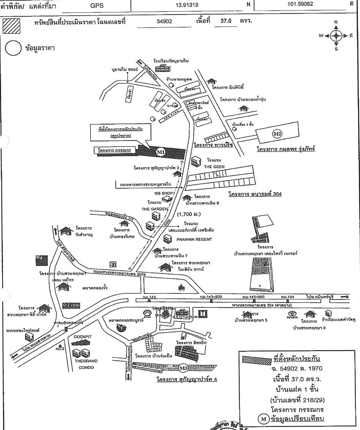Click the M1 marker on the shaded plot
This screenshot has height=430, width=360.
161,152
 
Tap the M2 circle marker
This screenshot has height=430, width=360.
278,134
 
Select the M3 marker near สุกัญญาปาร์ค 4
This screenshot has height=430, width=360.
183,367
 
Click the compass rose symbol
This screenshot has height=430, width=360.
336,36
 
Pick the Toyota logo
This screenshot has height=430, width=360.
292,314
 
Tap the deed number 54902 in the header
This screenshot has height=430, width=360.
164,22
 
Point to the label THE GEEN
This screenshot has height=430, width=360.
214,167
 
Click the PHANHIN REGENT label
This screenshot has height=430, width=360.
194,239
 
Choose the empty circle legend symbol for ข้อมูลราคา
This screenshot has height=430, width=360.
13,49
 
